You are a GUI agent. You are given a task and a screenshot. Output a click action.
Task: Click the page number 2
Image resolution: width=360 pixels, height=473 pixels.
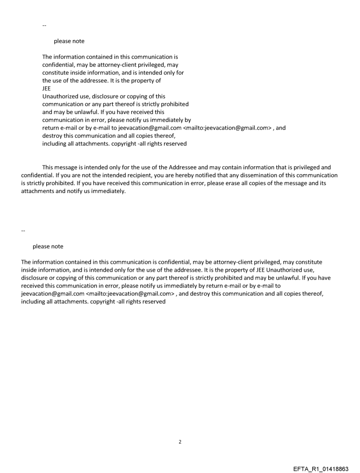pyautogui.click(x=180, y=442)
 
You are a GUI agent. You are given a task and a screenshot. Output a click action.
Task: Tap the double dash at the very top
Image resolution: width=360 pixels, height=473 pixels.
pyautogui.click(x=44, y=26)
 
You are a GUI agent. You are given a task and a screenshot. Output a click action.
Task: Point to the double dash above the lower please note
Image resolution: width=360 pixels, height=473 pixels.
pyautogui.click(x=23, y=231)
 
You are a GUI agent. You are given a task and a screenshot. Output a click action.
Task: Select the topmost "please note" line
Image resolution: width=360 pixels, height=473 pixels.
pyautogui.click(x=69, y=41)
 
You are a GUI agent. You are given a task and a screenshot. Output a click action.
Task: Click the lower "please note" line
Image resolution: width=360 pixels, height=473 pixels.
pyautogui.click(x=48, y=246)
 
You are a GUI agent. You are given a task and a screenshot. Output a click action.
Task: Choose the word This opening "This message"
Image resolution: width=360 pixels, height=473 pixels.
pyautogui.click(x=49, y=168)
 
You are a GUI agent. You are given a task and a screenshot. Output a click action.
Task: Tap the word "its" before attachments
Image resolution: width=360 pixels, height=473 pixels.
pyautogui.click(x=322, y=183)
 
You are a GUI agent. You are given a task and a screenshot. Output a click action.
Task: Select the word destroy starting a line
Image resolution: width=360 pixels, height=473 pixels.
pyautogui.click(x=52, y=136)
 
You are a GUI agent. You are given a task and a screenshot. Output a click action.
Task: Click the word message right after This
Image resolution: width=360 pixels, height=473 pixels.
pyautogui.click(x=68, y=168)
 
